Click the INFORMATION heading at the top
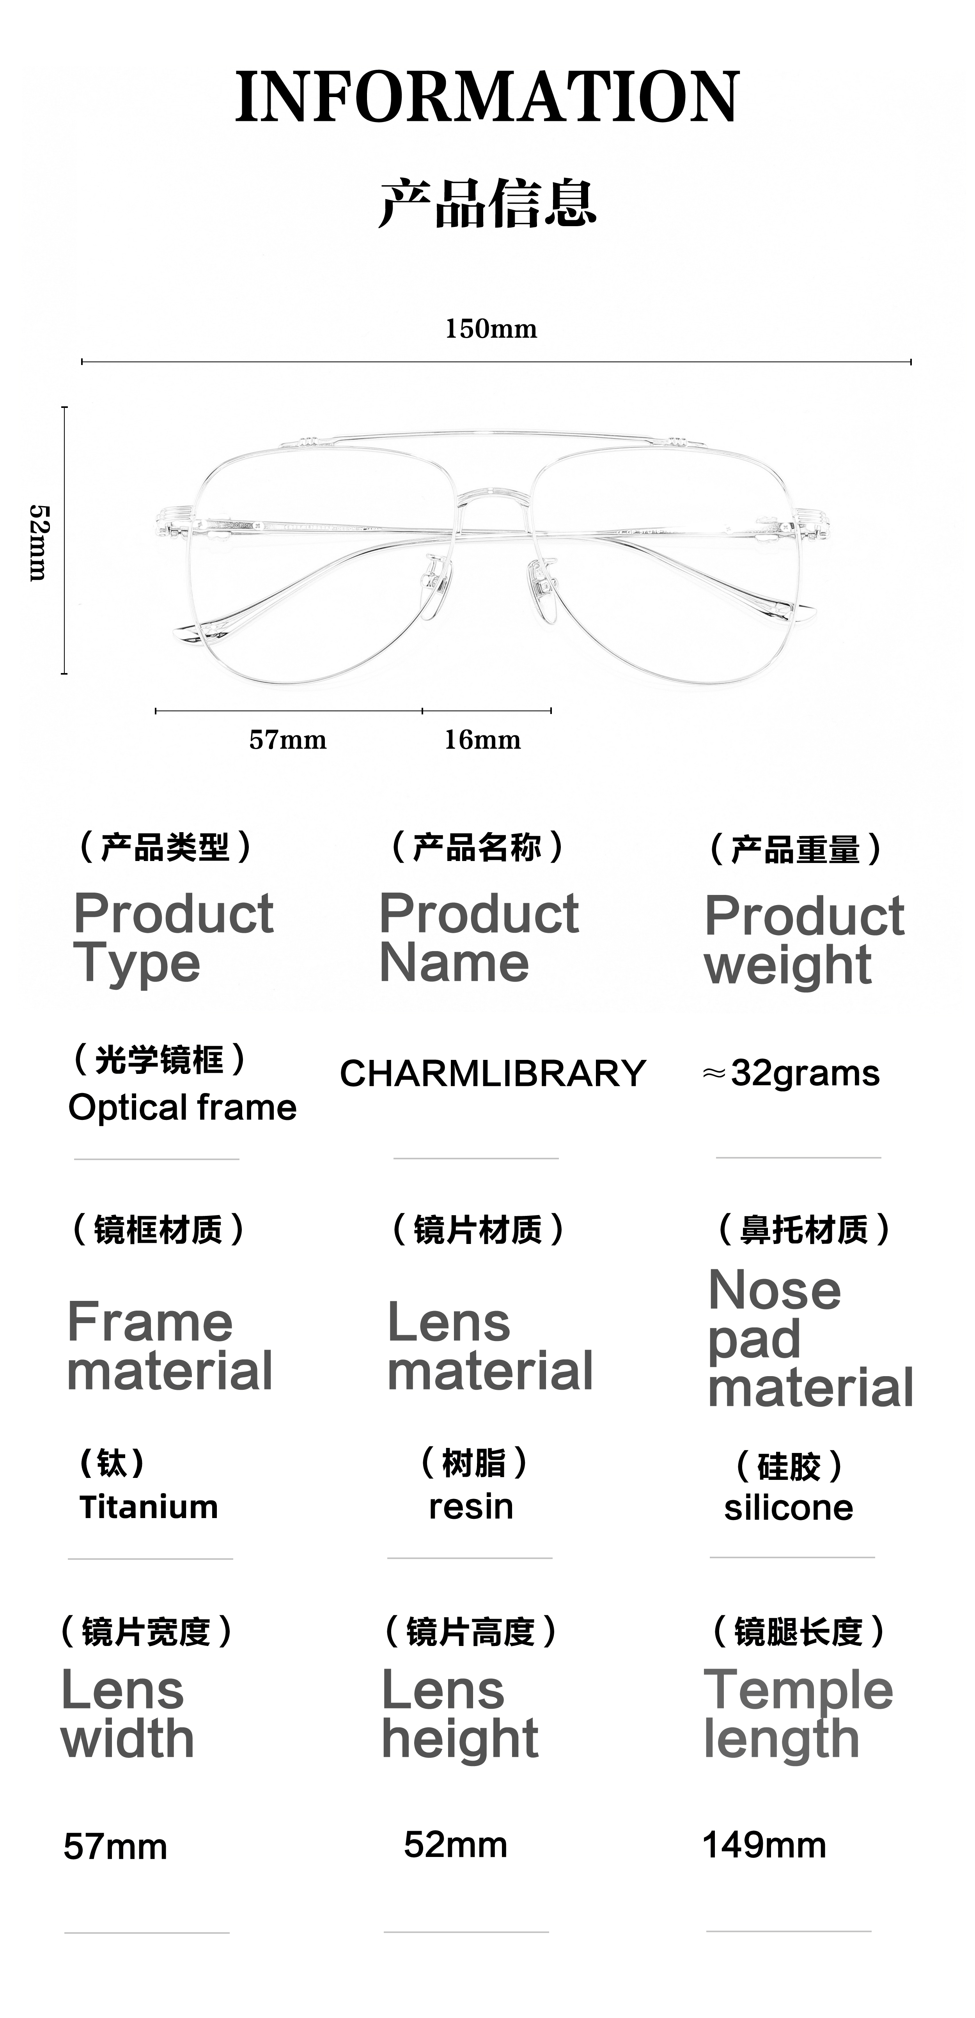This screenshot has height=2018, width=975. tap(487, 96)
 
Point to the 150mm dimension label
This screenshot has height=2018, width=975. tap(491, 328)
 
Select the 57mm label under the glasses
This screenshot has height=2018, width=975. tap(288, 739)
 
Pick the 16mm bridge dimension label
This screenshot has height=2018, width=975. tap(482, 739)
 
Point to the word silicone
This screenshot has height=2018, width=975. tap(789, 1508)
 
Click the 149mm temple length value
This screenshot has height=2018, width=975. tap(764, 1845)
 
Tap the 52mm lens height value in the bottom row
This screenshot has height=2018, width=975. tap(456, 1845)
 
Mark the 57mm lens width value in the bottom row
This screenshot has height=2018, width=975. tap(115, 1846)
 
